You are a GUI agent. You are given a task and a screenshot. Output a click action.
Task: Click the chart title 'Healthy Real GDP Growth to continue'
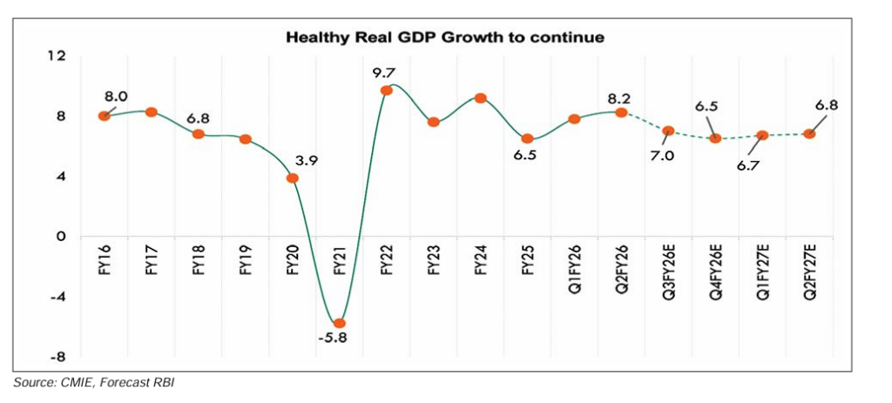point(445,37)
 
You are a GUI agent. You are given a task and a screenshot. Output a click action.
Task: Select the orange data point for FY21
point(340,323)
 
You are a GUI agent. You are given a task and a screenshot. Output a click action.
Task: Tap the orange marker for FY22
point(387,91)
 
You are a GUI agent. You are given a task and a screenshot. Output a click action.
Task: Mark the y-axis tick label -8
point(57,356)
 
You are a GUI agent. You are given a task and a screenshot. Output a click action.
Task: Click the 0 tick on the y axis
point(61,236)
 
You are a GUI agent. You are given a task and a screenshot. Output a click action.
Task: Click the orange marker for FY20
point(293,178)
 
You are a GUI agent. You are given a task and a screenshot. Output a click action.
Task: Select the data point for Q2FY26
point(621,112)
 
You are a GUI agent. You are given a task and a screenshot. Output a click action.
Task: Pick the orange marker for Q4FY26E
point(715,138)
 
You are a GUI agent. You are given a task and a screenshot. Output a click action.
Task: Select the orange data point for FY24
point(480,98)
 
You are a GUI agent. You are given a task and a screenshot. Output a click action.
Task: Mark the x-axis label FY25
point(527,259)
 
